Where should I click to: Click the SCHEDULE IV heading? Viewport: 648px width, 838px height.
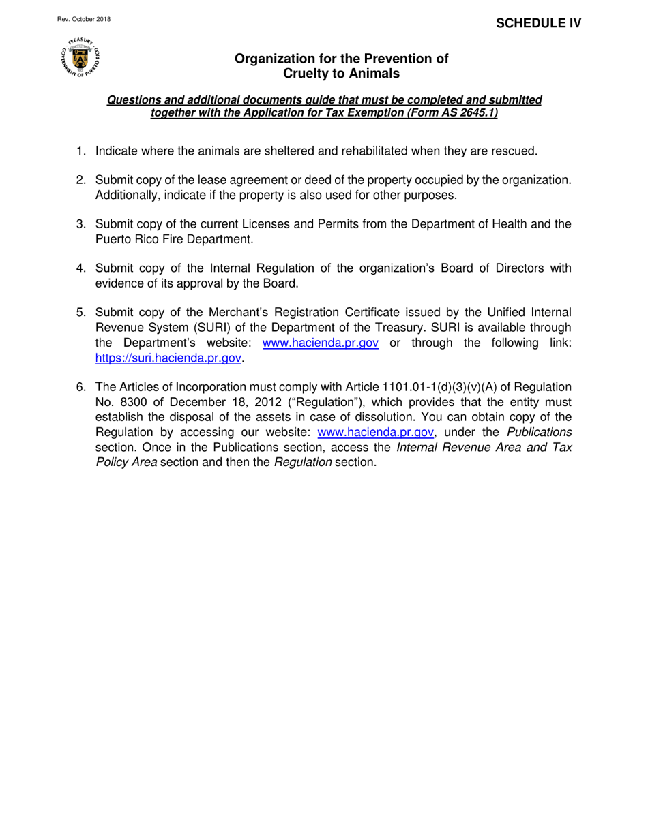point(538,23)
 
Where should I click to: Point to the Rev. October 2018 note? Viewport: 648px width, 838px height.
point(83,19)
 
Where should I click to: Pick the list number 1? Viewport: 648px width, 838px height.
point(80,151)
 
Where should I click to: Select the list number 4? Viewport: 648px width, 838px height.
point(80,268)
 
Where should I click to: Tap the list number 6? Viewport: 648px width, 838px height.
point(80,388)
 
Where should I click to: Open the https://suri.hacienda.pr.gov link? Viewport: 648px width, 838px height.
point(168,358)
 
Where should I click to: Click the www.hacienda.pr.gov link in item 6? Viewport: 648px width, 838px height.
point(376,432)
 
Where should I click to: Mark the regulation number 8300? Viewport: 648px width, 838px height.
point(127,403)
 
